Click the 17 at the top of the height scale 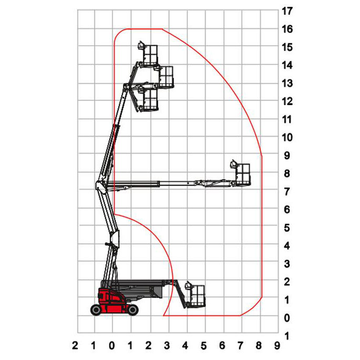point(287,11)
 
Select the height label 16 point(287,29)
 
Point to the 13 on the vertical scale point(287,84)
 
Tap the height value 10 point(287,138)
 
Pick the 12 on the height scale point(287,101)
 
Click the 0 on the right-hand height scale point(287,318)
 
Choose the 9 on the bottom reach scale point(277,345)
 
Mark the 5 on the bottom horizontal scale point(203,345)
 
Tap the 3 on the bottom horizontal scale point(167,345)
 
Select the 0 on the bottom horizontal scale point(112,345)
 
